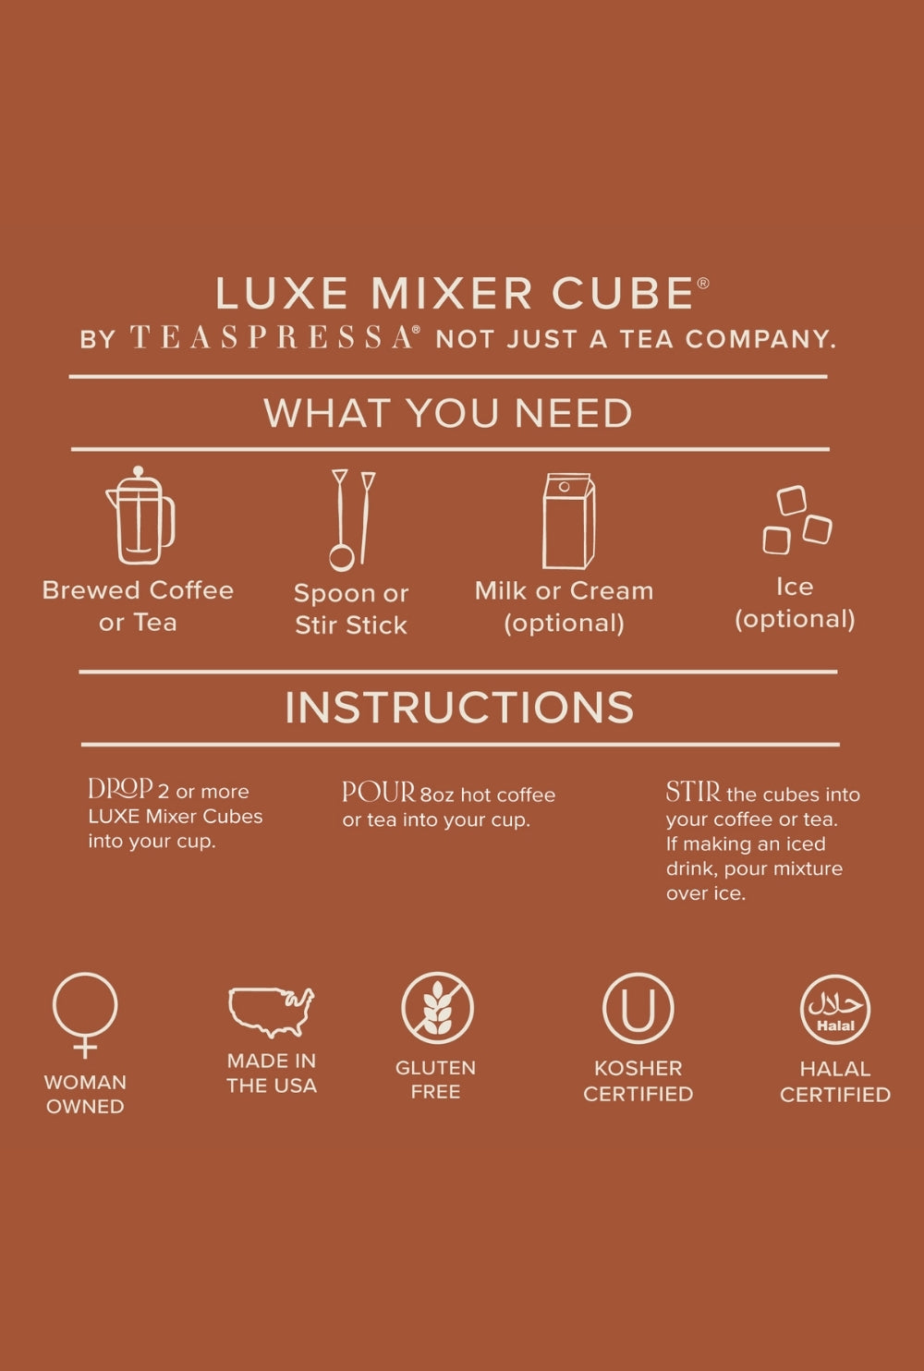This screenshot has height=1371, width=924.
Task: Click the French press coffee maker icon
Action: [x=140, y=516]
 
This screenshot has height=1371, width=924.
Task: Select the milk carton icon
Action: [x=568, y=521]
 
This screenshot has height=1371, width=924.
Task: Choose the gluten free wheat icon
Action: [x=437, y=1008]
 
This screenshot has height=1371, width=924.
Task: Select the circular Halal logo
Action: [x=835, y=1009]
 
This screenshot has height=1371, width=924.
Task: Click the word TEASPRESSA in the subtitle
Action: [x=272, y=338]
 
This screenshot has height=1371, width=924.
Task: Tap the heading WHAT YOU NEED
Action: [x=447, y=413]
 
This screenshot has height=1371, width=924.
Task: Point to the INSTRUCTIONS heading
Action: [x=459, y=708]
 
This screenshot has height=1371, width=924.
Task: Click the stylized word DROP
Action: [x=120, y=788]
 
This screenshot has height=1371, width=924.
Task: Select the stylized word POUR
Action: [x=379, y=792]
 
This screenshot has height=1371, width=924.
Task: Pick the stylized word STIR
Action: [x=693, y=792]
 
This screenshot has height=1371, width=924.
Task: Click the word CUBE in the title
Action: [x=623, y=293]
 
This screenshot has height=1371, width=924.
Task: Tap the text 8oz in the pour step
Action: [x=437, y=795]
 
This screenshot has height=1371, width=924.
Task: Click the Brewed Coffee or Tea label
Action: [x=138, y=607]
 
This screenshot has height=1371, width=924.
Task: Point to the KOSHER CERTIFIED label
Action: [x=638, y=1081]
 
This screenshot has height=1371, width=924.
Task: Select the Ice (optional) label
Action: [x=795, y=603]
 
